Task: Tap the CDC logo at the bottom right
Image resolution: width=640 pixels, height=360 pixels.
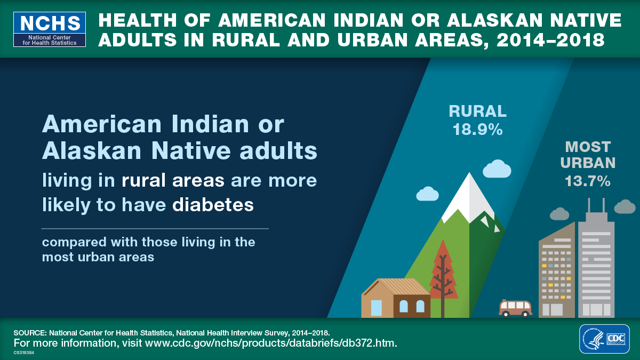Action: (604, 339)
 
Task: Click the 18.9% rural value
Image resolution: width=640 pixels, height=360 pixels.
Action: (477, 130)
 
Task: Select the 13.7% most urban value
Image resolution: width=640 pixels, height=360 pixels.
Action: (588, 181)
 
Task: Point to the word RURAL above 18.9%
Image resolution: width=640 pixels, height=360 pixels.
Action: (477, 111)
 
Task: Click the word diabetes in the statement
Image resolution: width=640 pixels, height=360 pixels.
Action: (213, 204)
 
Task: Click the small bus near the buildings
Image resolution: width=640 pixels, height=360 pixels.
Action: (515, 308)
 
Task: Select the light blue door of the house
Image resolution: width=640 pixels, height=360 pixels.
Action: (377, 308)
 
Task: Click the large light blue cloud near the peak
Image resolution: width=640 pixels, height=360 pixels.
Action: (497, 169)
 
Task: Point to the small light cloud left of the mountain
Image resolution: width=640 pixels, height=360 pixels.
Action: (427, 194)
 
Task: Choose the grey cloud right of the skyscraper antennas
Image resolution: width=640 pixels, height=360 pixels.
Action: (625, 206)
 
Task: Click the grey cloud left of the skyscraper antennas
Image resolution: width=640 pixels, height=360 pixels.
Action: (559, 214)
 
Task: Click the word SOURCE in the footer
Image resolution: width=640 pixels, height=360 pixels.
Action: (30, 332)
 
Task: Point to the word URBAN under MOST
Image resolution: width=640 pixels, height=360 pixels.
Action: (590, 163)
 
